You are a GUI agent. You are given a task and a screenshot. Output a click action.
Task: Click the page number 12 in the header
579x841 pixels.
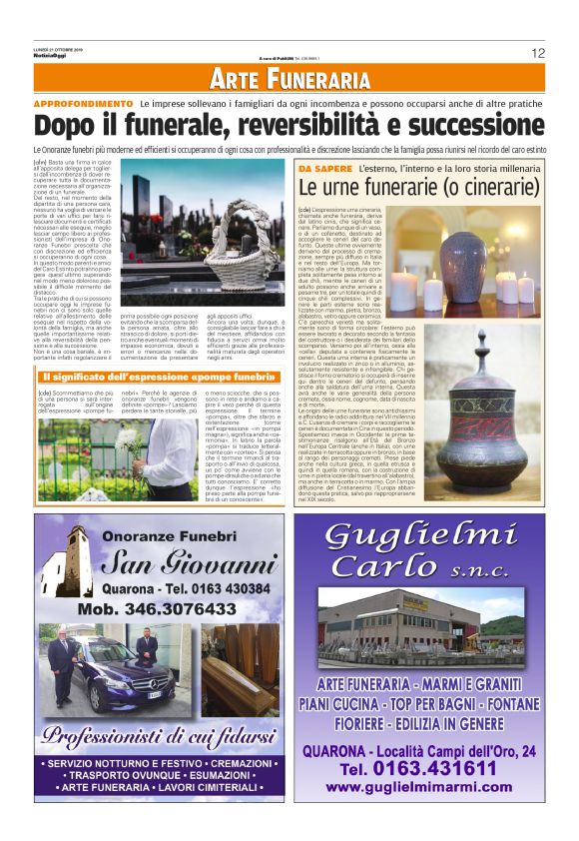coord(537,53)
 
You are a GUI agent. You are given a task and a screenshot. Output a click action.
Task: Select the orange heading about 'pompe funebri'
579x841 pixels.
coord(160,377)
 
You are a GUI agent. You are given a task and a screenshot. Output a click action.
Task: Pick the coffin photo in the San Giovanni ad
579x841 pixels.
coord(240,681)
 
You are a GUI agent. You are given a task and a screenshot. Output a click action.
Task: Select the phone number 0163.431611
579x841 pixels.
coord(418,769)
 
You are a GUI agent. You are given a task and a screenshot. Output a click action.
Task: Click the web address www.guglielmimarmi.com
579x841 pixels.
coord(418,788)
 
